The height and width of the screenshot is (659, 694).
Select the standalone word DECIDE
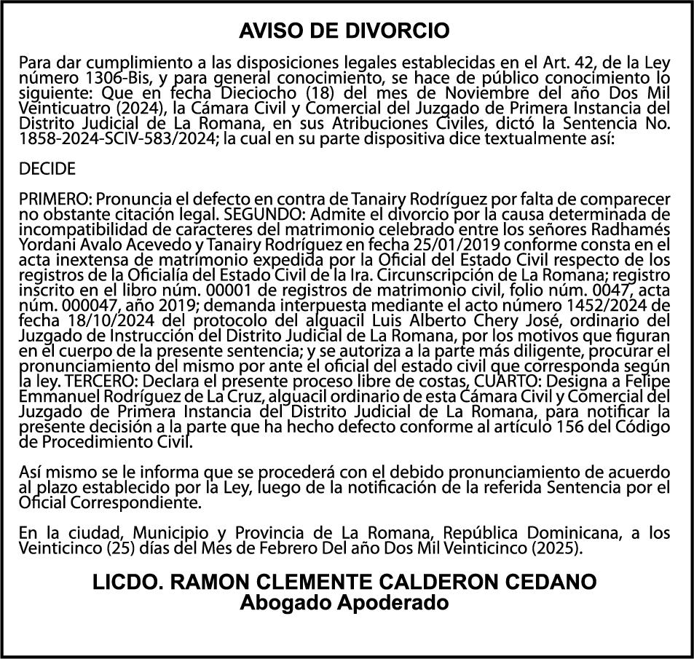(x=47, y=170)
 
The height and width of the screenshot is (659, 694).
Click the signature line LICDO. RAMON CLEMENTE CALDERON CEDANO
(x=344, y=582)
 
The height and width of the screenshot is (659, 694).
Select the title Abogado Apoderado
(x=344, y=602)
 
